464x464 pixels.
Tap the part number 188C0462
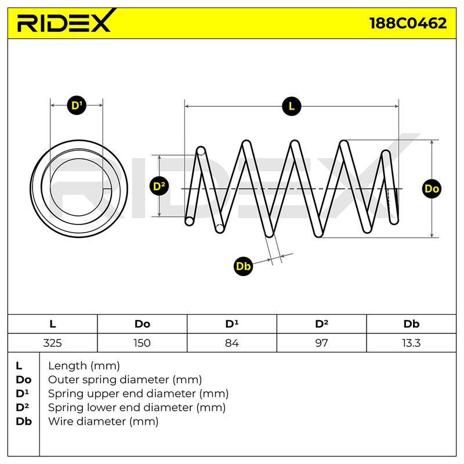coord(408,23)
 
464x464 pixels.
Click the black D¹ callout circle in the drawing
coord(77,105)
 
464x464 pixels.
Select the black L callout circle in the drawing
coord(292,106)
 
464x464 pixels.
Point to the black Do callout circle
coord(432,189)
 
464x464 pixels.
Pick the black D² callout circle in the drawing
coord(159,186)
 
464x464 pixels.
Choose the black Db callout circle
coord(243,266)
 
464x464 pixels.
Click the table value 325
coord(52,343)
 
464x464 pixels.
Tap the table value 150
coord(142,343)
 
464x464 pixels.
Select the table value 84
coord(231,343)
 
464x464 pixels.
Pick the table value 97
coord(321,343)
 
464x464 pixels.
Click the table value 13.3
coord(411,343)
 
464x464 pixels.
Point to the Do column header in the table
coord(142,324)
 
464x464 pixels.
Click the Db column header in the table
coord(411,324)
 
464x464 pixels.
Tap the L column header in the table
coord(53,324)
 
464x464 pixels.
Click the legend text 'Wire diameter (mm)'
coord(103,422)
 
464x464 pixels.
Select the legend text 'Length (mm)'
coord(84,366)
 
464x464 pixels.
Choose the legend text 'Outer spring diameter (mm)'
coord(125,380)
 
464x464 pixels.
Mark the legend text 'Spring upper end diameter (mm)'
coord(138,394)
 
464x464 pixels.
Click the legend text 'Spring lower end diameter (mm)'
coord(137,408)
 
